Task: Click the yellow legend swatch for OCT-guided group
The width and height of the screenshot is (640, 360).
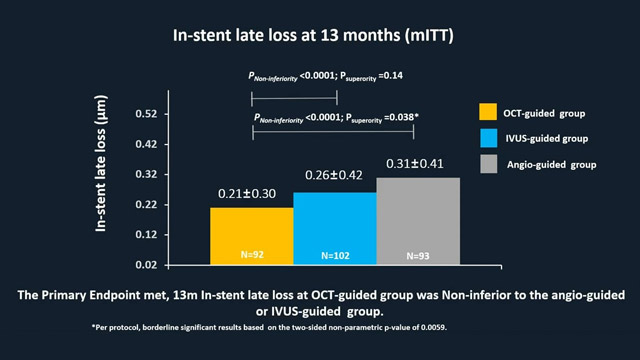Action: [x=489, y=111]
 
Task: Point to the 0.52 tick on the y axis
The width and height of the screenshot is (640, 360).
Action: [x=147, y=114]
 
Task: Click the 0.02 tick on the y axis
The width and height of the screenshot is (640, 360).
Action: [x=147, y=265]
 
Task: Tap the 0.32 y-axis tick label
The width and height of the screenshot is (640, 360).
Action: [x=147, y=174]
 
